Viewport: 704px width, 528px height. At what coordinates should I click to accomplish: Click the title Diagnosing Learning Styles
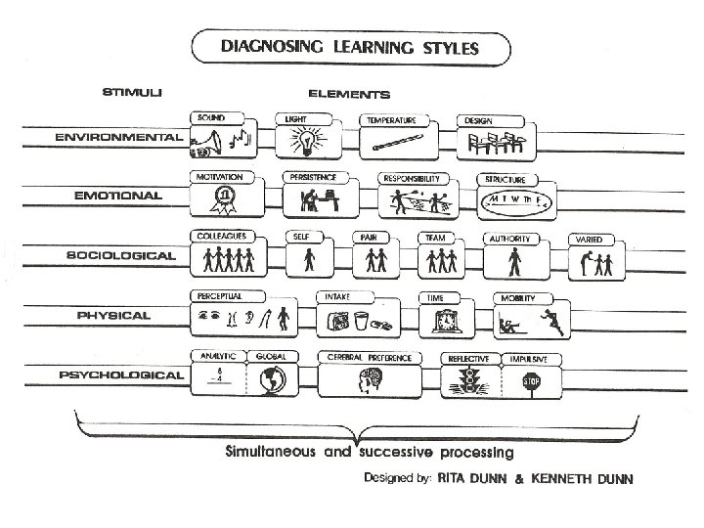[351, 46]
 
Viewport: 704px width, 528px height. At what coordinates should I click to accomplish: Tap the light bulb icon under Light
[304, 142]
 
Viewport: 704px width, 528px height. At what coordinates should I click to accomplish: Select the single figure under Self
[310, 259]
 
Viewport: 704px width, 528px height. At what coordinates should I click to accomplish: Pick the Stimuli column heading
[133, 93]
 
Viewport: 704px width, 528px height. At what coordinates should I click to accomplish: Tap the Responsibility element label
[415, 179]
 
